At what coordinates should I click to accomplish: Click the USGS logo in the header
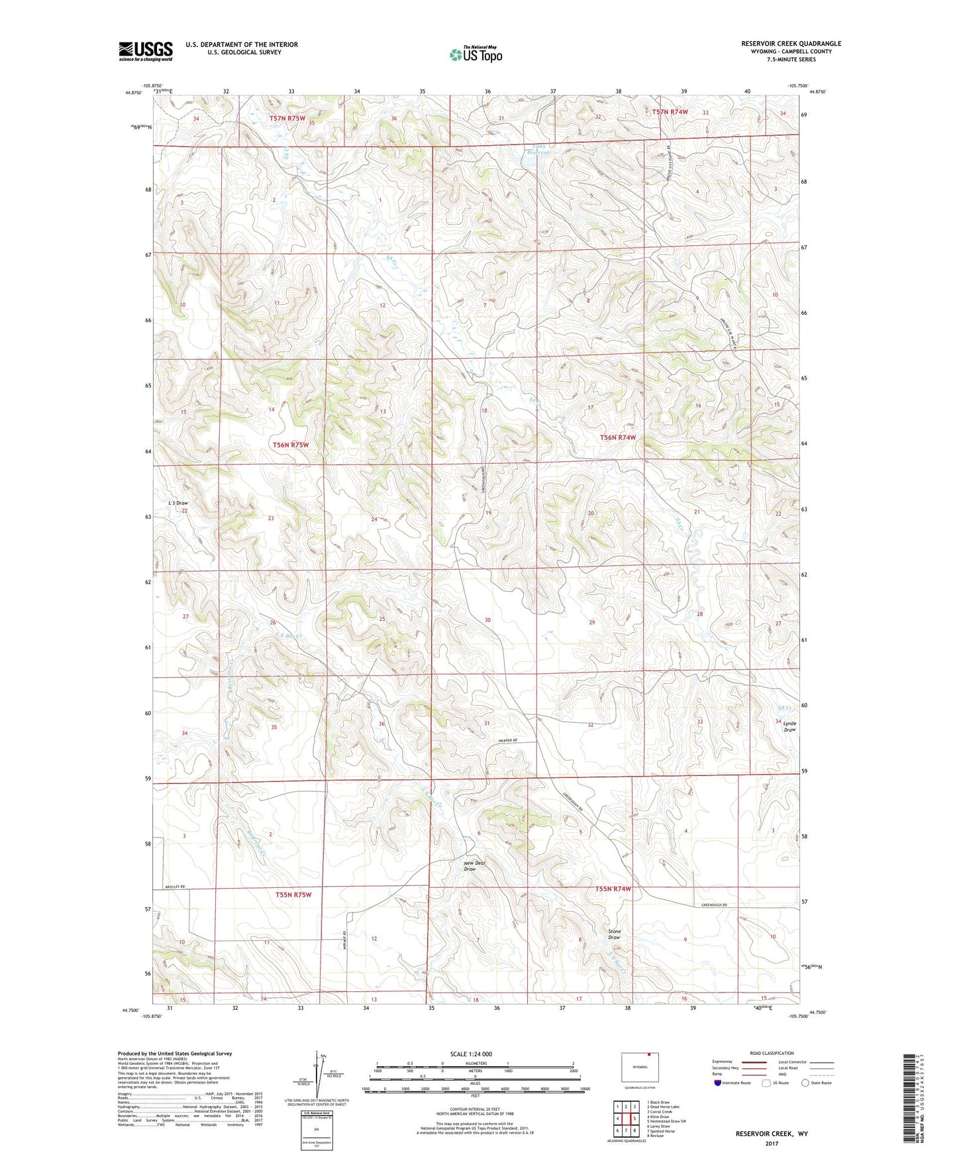coord(146,51)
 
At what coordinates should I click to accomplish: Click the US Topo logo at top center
coord(475,54)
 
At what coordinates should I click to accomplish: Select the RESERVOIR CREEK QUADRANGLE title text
coord(791,44)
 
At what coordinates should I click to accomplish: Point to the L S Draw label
coord(179,503)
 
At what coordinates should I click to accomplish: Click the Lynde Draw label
coord(789,726)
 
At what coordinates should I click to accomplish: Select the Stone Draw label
coord(614,934)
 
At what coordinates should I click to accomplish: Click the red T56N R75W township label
coord(291,445)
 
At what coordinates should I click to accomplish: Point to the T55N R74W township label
coord(613,889)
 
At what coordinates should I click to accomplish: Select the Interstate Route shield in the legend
coord(719,1083)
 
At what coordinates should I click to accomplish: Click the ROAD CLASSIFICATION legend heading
coord(772,1053)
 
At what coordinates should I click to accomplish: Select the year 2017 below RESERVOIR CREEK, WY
coord(772,1143)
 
